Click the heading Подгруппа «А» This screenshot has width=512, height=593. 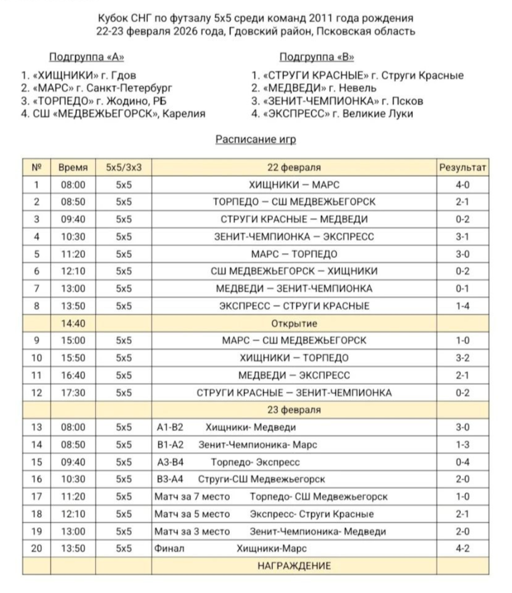86,57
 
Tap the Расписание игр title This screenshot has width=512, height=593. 256,140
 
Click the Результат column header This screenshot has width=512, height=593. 462,167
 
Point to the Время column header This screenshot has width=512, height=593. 73,167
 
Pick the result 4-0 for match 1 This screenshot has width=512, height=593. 463,185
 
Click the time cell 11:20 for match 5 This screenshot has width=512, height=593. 73,254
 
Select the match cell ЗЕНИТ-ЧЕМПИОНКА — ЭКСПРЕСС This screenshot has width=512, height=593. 294,236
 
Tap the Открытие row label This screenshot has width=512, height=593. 294,323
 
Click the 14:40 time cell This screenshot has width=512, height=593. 73,323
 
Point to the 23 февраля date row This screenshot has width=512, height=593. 294,409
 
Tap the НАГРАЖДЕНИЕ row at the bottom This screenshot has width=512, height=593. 294,566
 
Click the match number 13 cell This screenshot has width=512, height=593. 36,427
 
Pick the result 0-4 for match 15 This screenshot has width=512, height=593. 463,462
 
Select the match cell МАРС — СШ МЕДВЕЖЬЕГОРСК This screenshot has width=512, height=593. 294,341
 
